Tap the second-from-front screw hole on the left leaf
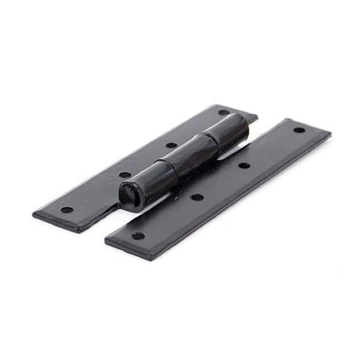pos(125,175)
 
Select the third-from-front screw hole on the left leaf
pos(172,145)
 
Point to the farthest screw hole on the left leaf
pos(223,113)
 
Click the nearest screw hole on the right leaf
pos(138,236)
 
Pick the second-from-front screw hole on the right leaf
pos(197,198)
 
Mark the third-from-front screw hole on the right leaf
pos(244,165)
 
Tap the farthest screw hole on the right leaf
pos(298,130)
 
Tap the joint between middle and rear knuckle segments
pos(211,143)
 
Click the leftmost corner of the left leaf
pos(33,215)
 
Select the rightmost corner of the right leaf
pos(330,132)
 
